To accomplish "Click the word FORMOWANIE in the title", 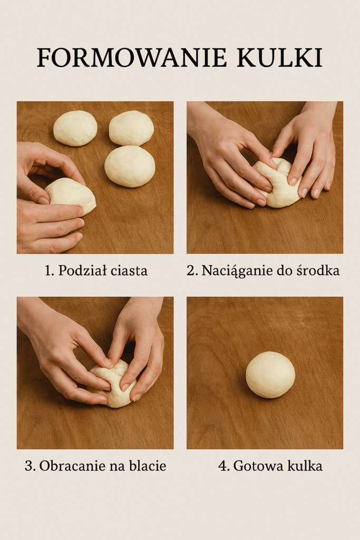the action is tap(132, 57).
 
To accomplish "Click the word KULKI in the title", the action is tap(279, 57).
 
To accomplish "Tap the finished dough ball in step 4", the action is tap(270, 375).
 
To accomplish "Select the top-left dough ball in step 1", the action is tap(75, 128).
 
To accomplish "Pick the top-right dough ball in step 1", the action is tap(131, 128).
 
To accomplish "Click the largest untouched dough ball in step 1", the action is tap(130, 166).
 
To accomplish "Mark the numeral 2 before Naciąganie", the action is tap(191, 271).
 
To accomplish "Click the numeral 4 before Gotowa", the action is tap(223, 466).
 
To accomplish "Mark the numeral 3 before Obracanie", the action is tap(30, 466).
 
